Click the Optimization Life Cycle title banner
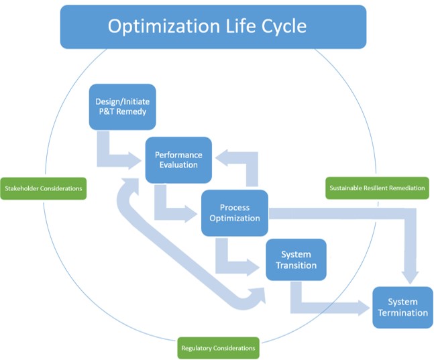pyautogui.click(x=213, y=27)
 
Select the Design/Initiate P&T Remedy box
pyautogui.click(x=122, y=107)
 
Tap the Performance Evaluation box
pyautogui.click(x=178, y=160)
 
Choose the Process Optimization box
pyautogui.click(x=235, y=213)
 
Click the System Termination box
pyautogui.click(x=402, y=308)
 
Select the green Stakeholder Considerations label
pyautogui.click(x=43, y=188)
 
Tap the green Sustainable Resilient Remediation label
pyautogui.click(x=376, y=188)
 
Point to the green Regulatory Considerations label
pyautogui.click(x=218, y=348)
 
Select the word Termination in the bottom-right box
pyautogui.click(x=402, y=313)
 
